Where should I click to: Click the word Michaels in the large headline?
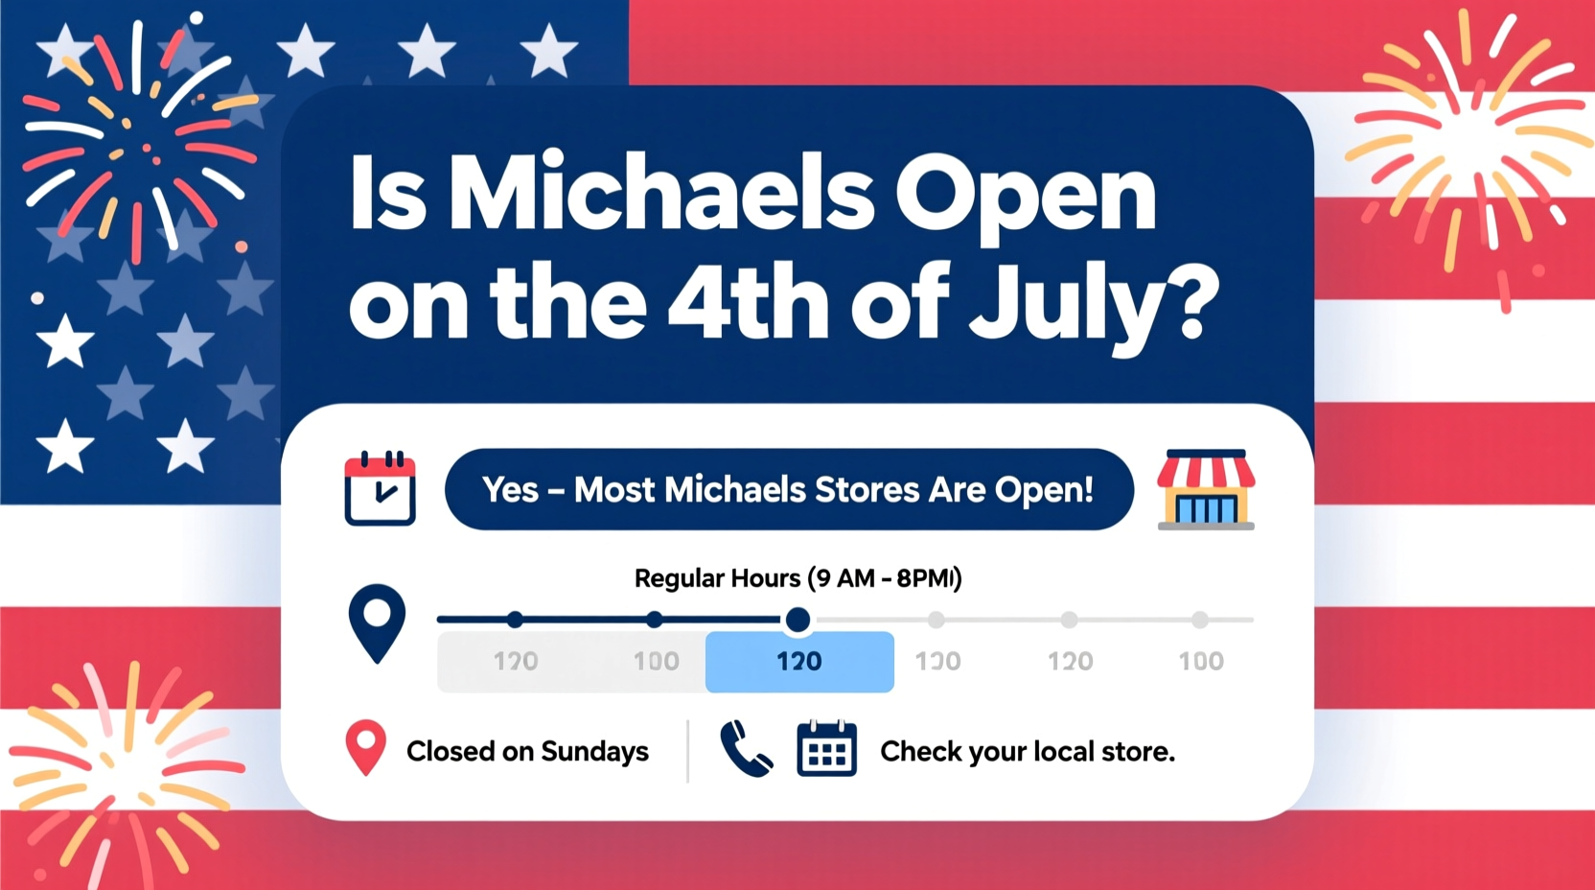(x=660, y=195)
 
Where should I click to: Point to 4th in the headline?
(x=748, y=302)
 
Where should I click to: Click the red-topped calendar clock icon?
(x=380, y=489)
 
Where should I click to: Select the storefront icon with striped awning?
(x=1206, y=489)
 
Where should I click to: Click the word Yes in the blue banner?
(x=510, y=490)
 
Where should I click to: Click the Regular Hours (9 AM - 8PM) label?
(x=797, y=578)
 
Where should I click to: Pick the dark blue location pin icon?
(x=377, y=621)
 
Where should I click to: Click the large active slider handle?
(x=797, y=621)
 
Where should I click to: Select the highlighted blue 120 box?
(x=799, y=662)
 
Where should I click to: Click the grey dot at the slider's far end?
(x=1200, y=621)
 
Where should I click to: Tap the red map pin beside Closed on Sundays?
(x=365, y=747)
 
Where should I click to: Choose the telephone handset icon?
(x=746, y=749)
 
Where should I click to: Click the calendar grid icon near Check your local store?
(x=826, y=749)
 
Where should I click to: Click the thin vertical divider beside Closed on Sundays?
(x=687, y=751)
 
